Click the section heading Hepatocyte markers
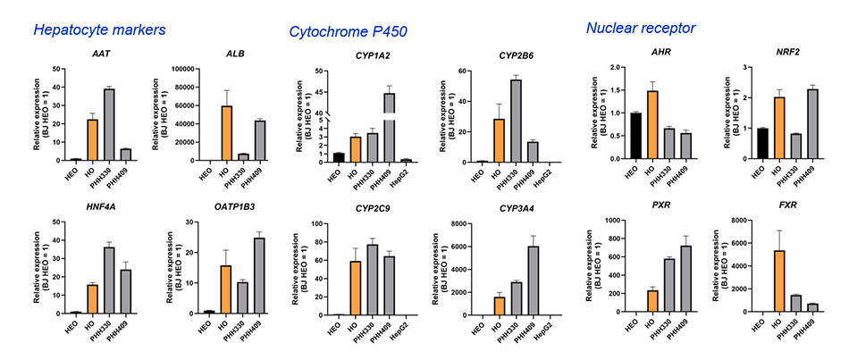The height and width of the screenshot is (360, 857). [99, 29]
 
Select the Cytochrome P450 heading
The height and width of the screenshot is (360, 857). [349, 32]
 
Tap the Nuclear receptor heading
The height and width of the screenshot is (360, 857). [641, 28]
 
